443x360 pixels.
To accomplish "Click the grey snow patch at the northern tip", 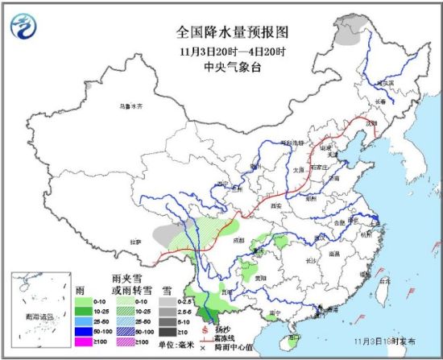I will point(348,34).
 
